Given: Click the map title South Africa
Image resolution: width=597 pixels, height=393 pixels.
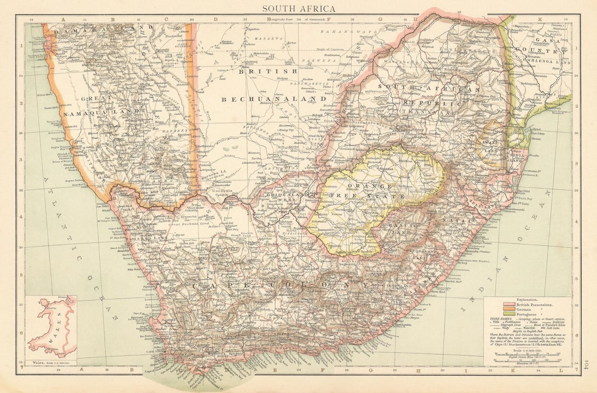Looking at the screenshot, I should tap(298, 9).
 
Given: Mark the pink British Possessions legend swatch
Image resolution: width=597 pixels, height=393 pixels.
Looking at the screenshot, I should tap(509, 306).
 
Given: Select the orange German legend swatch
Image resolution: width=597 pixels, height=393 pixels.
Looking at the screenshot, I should tap(509, 310).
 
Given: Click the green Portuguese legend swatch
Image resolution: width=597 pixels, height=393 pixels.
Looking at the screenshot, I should tap(509, 314).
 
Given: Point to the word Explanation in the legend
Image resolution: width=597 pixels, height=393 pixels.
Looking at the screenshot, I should tap(525, 299).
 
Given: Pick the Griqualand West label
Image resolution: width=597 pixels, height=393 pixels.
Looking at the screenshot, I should tap(280, 197).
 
